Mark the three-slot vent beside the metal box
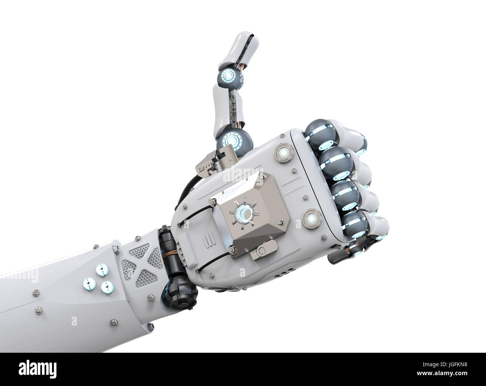pos(207,239)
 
